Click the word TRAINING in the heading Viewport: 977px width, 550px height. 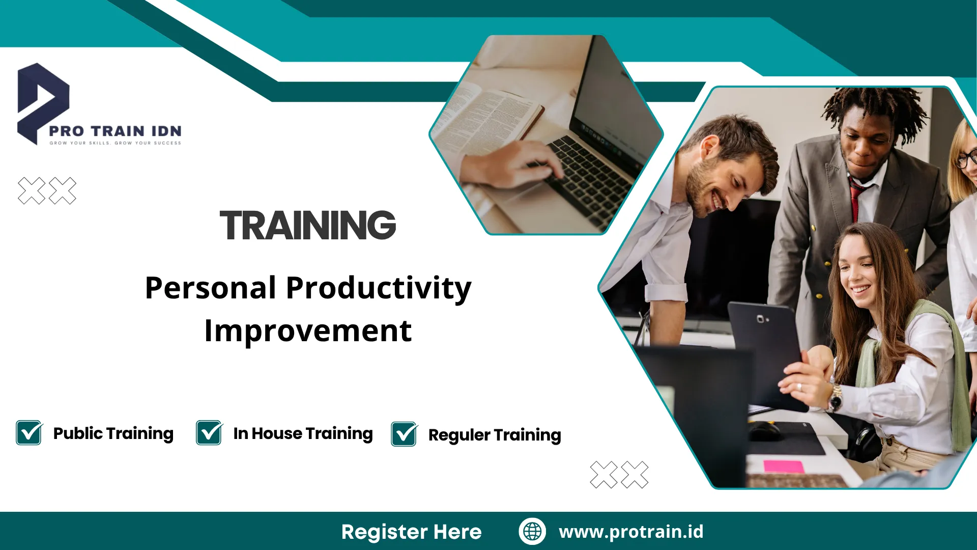coord(308,225)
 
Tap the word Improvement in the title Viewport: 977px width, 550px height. coord(308,332)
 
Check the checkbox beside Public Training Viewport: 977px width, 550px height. coord(29,432)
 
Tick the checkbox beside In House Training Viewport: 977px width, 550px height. coord(209,432)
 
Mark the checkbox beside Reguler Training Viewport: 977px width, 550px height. coord(405,434)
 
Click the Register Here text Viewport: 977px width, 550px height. coord(411,532)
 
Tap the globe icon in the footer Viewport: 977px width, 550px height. coord(532,531)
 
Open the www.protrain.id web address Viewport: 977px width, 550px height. coord(631,532)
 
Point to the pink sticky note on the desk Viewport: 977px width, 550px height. coord(784,466)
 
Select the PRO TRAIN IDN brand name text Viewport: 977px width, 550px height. coord(115,131)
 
